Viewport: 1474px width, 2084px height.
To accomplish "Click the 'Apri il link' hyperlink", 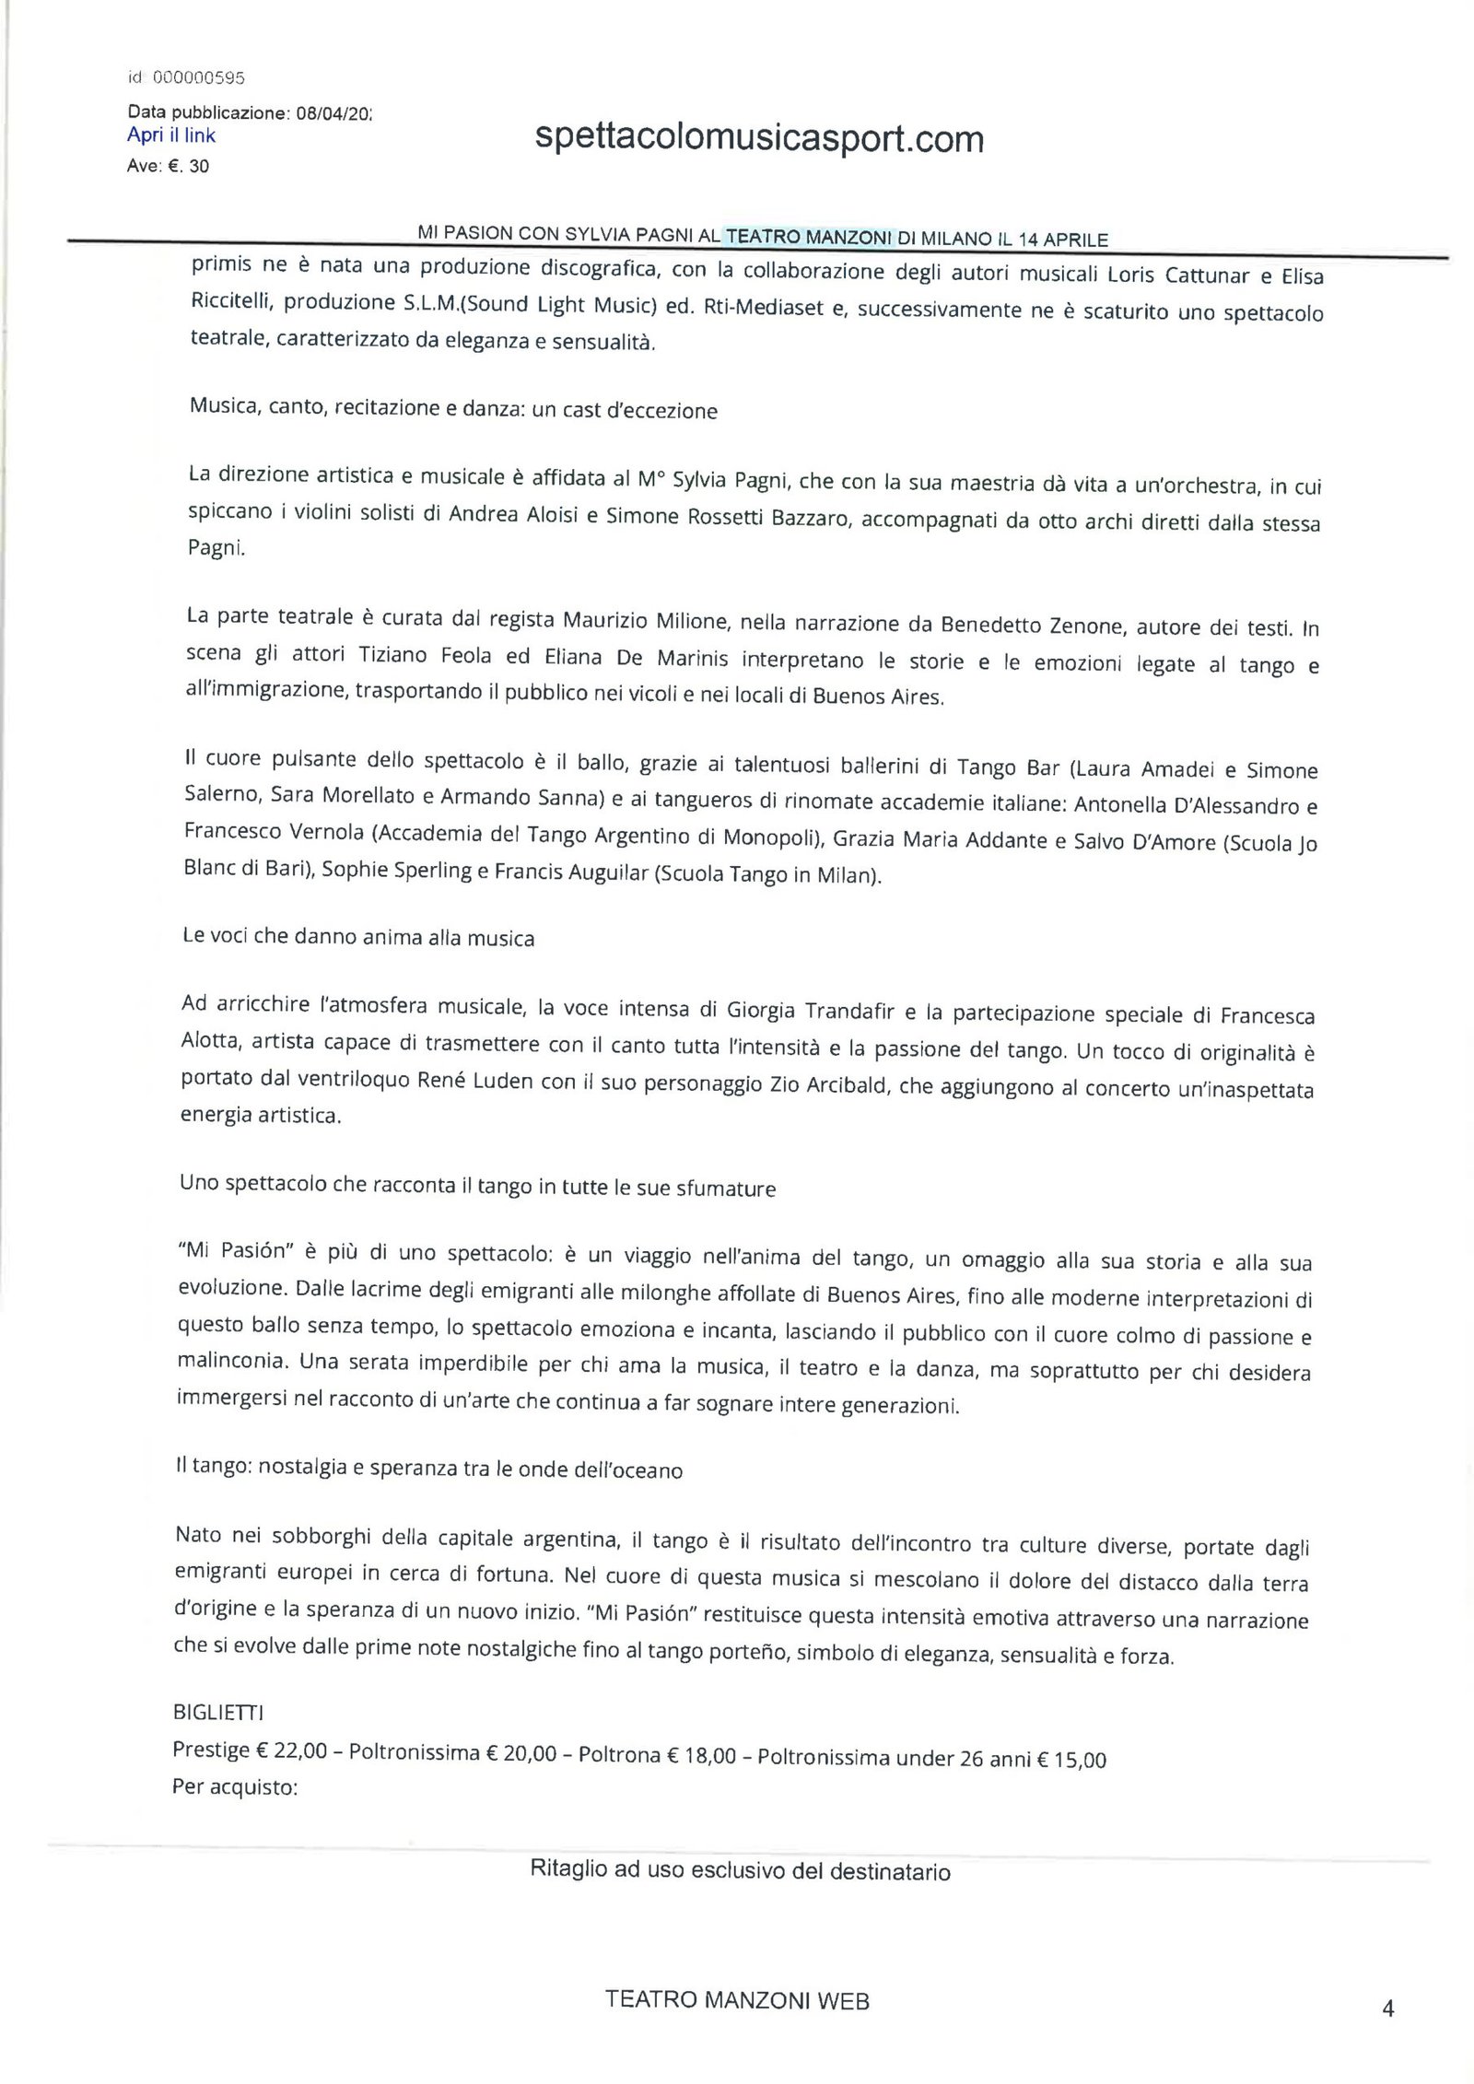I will (171, 135).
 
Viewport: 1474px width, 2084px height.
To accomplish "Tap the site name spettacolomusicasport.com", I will (759, 140).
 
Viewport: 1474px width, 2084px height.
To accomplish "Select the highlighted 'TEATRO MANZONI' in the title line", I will (809, 237).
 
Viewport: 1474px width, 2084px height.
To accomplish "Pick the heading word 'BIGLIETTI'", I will (218, 1713).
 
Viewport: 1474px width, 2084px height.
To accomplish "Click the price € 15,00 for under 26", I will (1070, 1759).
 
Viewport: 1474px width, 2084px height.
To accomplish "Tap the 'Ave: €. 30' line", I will (168, 167).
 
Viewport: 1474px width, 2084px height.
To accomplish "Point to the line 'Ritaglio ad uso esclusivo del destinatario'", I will (740, 1870).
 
